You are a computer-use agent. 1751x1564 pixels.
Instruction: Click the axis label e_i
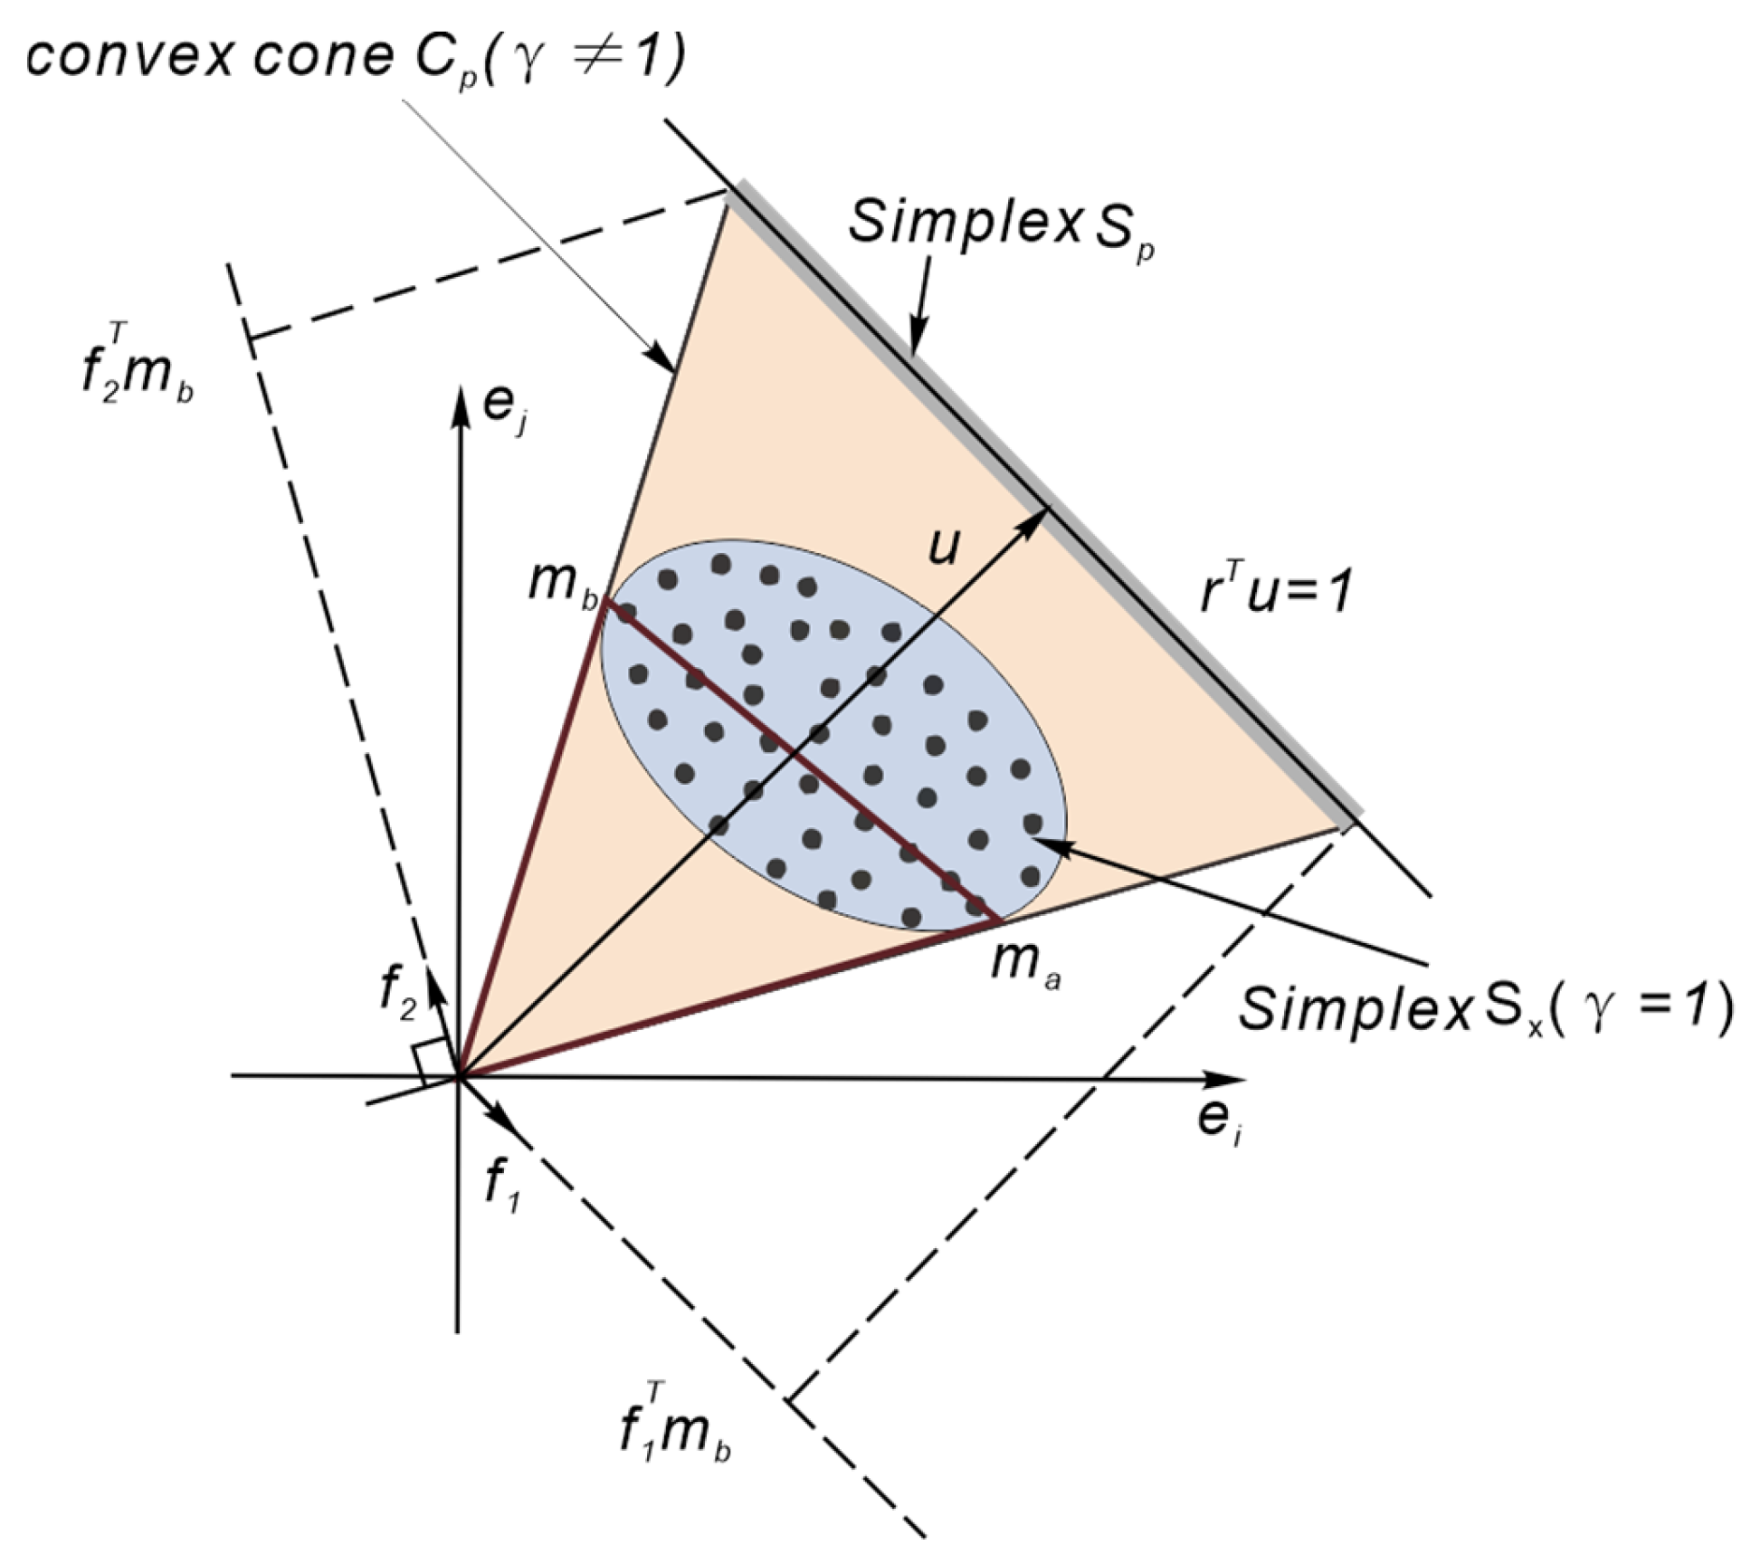click(1218, 1122)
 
